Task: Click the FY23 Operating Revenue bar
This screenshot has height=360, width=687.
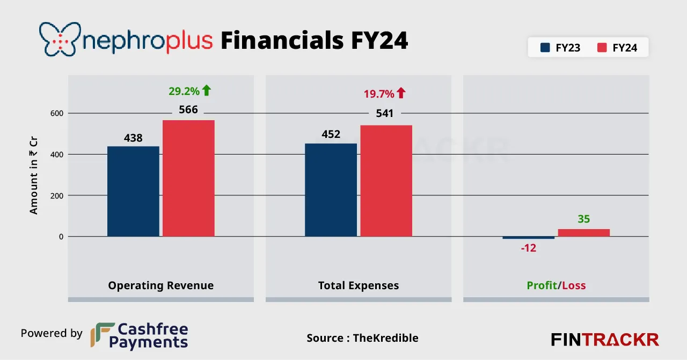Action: point(133,191)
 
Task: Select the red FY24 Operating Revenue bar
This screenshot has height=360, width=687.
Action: point(188,178)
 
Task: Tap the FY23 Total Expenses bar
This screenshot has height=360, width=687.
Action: point(331,189)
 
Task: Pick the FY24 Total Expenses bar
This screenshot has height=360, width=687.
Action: point(386,181)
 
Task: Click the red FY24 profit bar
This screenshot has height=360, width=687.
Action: point(583,233)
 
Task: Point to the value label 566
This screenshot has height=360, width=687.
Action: point(188,110)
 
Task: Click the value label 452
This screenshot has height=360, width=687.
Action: point(331,134)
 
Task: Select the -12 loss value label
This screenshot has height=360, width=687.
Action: point(528,248)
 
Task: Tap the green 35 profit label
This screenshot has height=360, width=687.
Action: point(583,219)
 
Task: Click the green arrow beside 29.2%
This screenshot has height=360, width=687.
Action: point(207,91)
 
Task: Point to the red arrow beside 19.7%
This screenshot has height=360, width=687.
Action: point(401,93)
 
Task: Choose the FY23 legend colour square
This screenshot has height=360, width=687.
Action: point(545,48)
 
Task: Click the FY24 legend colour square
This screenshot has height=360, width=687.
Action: point(602,48)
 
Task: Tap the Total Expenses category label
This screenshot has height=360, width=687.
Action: point(359,285)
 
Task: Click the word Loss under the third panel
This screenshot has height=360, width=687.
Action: point(574,285)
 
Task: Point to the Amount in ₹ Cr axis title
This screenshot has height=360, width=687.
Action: point(34,175)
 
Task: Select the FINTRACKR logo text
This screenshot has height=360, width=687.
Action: point(605,340)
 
